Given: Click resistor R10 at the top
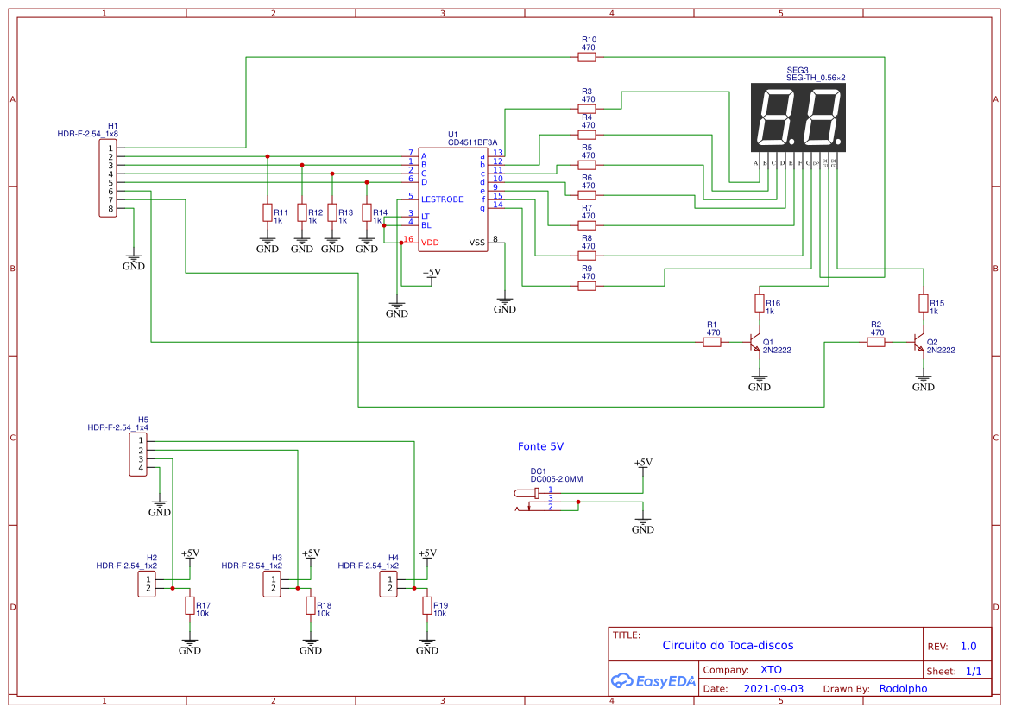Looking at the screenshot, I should point(588,57).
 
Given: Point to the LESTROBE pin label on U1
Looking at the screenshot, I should point(442,199).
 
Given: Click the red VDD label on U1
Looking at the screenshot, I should point(430,243).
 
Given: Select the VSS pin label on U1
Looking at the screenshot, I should point(476,243).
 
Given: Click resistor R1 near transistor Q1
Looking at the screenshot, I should point(712,343).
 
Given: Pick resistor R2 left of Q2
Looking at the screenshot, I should point(876,343).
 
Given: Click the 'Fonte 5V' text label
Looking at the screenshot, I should point(540,446).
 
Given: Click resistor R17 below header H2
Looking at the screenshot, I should point(190,606).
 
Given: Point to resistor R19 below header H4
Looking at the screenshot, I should point(427,606).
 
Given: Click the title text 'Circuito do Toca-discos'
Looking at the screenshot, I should point(727,645).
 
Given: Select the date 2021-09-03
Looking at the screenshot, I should point(773,689).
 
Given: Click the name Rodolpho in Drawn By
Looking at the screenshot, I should point(903,689).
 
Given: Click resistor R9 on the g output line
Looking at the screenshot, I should point(588,286).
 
